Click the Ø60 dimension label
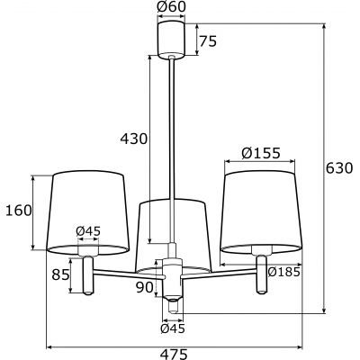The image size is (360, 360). click(170, 8)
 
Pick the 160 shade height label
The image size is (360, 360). click(17, 211)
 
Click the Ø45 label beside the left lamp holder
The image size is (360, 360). click(87, 231)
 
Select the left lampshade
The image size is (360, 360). click(87, 211)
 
